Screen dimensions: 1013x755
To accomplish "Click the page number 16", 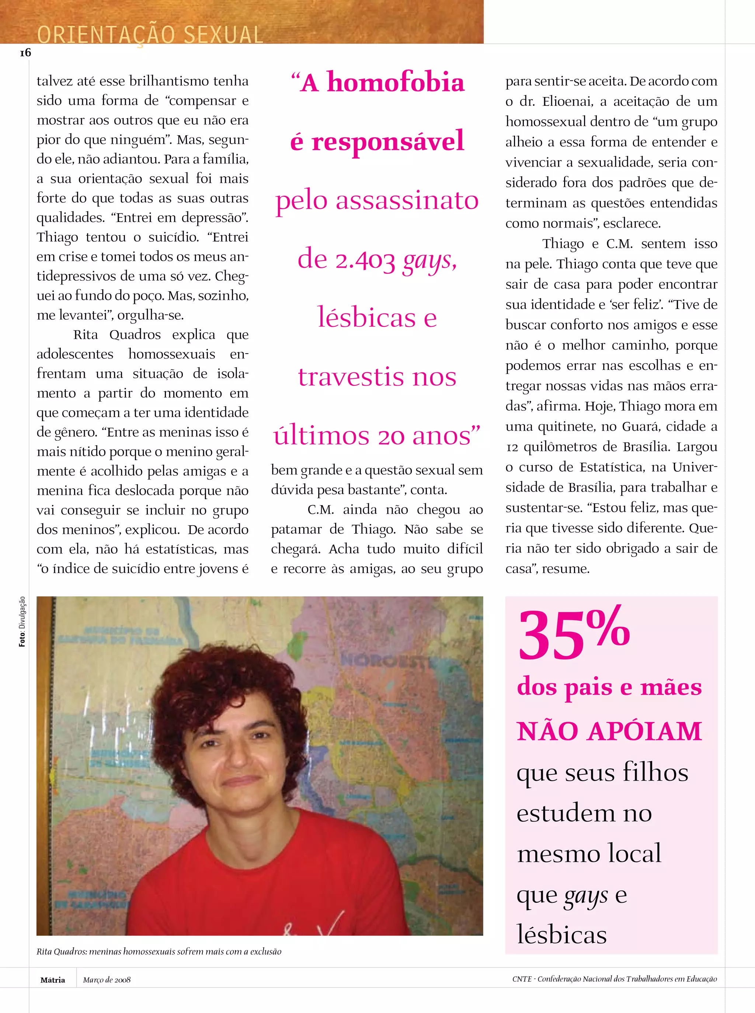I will click(x=25, y=53).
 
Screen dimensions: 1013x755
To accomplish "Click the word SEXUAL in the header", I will click(x=223, y=35).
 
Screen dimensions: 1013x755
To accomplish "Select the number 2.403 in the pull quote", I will click(x=365, y=261).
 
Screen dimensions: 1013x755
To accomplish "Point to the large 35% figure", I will click(x=574, y=634).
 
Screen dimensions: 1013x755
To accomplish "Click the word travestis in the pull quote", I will click(x=351, y=377).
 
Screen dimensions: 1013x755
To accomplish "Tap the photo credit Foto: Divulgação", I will click(x=22, y=622).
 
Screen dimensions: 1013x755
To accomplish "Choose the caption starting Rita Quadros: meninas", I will click(x=159, y=951).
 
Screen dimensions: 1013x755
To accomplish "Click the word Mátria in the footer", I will click(x=53, y=980).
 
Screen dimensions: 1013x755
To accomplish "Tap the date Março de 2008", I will click(x=107, y=980).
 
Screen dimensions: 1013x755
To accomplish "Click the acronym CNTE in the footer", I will click(x=522, y=979).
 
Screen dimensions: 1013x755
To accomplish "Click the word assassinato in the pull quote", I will click(x=407, y=201).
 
